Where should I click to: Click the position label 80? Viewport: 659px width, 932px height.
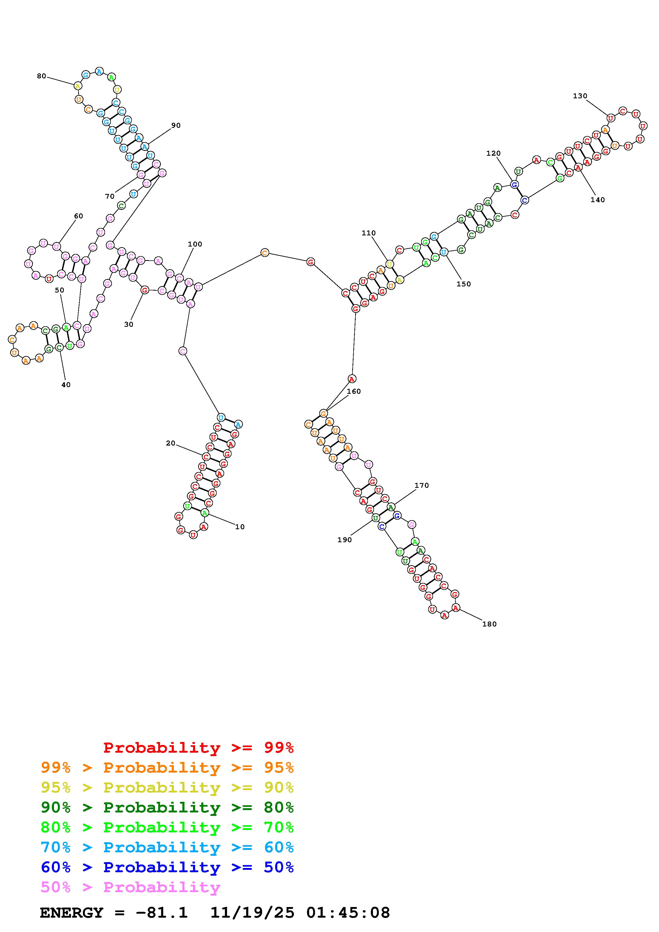point(41,76)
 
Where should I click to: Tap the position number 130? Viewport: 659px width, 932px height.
point(580,96)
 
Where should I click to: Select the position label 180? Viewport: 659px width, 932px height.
point(489,624)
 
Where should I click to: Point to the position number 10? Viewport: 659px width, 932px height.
point(240,527)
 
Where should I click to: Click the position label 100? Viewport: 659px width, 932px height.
point(195,244)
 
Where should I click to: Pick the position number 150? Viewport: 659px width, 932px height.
point(463,284)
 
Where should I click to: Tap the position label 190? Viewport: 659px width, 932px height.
point(344,540)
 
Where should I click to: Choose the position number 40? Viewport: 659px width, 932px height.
point(66,385)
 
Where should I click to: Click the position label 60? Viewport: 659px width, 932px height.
point(78,216)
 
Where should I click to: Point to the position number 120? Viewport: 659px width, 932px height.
point(493,153)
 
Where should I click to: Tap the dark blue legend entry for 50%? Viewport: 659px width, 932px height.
point(167,867)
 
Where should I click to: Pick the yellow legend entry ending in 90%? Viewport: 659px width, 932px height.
point(167,787)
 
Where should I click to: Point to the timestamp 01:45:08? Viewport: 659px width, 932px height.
point(348,913)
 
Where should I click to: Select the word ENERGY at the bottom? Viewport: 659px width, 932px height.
point(72,913)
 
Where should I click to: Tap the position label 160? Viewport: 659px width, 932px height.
point(354,391)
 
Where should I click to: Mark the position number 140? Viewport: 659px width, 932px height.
point(597,200)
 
